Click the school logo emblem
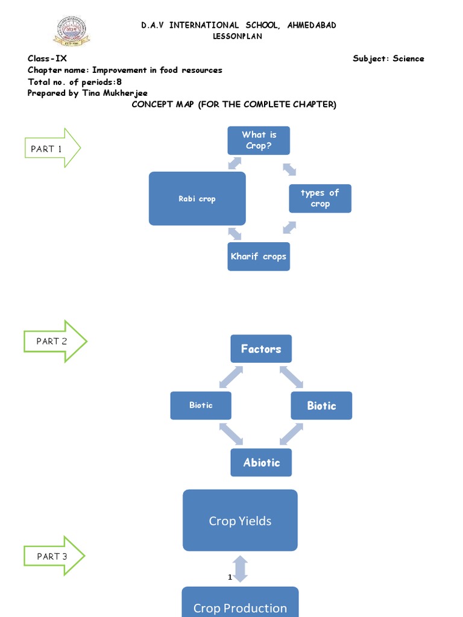click(71, 31)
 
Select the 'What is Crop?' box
click(259, 140)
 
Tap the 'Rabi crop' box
click(197, 199)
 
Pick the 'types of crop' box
click(320, 198)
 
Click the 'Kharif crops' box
click(259, 257)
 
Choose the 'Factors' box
click(261, 349)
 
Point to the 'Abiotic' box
click(261, 463)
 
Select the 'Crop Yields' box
click(240, 521)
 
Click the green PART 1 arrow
click(52, 148)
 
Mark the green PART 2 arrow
click(55, 341)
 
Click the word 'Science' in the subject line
click(408, 58)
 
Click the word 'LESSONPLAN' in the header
click(239, 36)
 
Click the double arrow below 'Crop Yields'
click(240, 569)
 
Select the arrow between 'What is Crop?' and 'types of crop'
click(289, 169)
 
